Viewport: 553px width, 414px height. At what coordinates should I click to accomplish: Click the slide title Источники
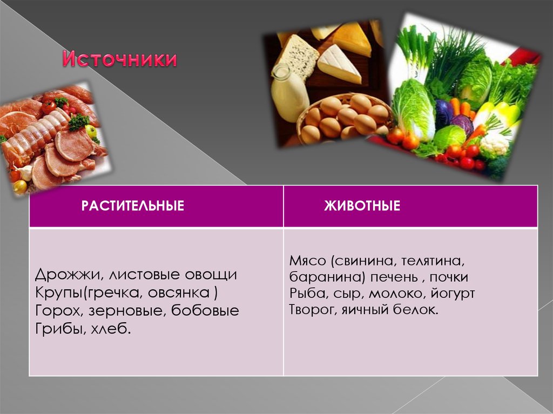(x=119, y=59)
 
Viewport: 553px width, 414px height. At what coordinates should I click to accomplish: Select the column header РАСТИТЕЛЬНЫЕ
(x=133, y=206)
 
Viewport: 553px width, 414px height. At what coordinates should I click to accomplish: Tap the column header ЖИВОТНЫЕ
(x=362, y=206)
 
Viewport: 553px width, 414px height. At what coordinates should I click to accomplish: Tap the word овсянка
(x=182, y=293)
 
